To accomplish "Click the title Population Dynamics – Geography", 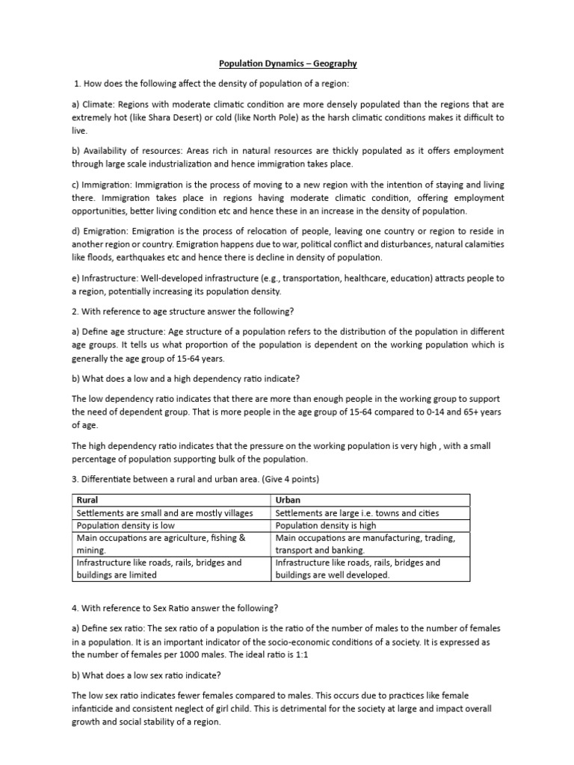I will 286,64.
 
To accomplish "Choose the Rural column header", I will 88,500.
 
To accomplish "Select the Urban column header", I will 288,500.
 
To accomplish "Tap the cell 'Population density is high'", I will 327,525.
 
